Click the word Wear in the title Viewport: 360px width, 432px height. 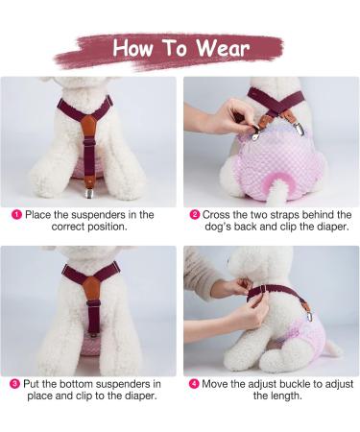220,48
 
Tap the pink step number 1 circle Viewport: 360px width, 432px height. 15,215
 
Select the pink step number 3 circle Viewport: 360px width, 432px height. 15,383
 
